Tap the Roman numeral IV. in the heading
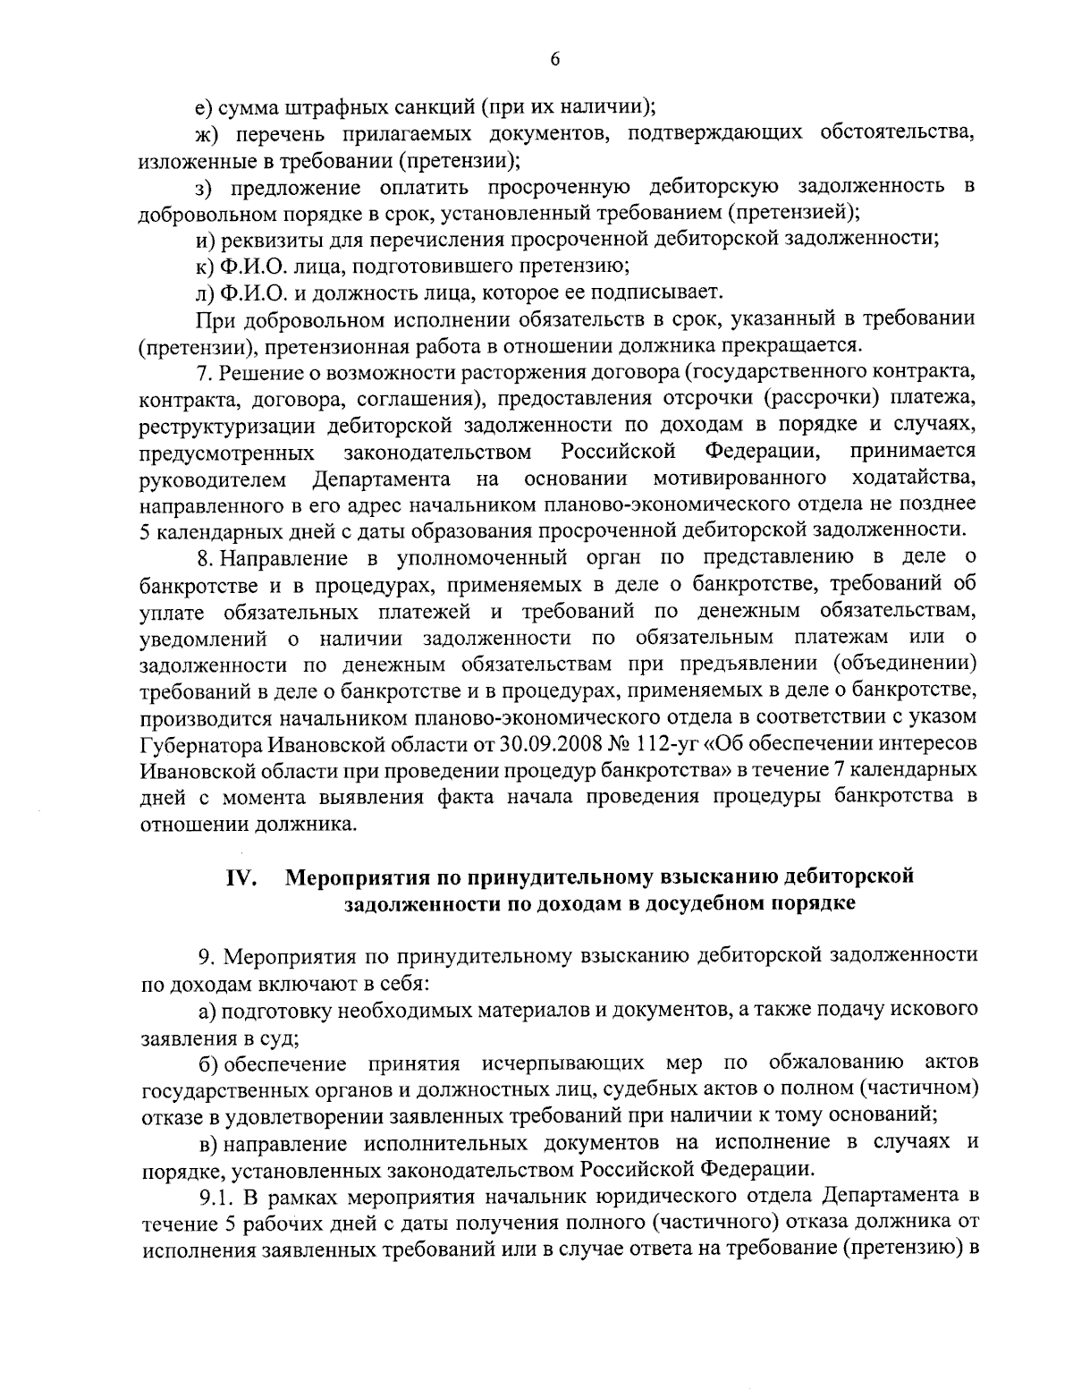coord(241,877)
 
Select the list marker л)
coord(205,292)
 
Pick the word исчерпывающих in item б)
coord(562,1063)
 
